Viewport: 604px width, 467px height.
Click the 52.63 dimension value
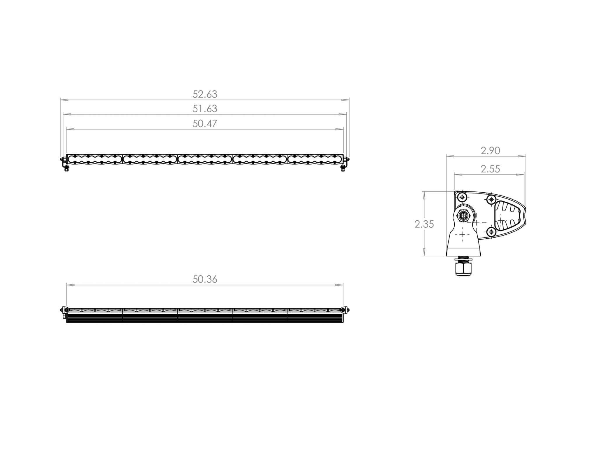coord(205,94)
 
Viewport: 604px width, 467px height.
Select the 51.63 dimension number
coord(205,109)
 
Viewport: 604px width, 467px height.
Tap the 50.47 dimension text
coord(205,123)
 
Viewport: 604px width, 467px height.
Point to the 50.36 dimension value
coord(205,279)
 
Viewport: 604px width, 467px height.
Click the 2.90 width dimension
coord(490,151)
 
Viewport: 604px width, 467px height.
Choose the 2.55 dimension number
coord(490,169)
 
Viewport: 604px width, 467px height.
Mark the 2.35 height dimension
coord(424,224)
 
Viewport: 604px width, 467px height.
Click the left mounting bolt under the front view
coord(67,168)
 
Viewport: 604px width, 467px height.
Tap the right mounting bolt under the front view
coord(343,168)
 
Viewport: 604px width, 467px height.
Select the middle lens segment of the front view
coord(205,159)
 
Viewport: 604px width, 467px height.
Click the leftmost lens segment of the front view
coord(95,159)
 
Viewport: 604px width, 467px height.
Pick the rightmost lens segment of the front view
coord(315,159)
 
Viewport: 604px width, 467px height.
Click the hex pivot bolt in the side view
coord(462,216)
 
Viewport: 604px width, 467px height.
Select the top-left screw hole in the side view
coord(462,197)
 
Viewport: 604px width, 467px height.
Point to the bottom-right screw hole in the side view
coord(491,232)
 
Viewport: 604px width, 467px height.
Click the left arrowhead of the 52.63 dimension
coord(64,100)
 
